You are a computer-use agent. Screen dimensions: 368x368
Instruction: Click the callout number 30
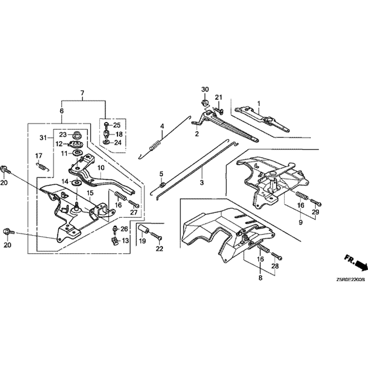[205, 89]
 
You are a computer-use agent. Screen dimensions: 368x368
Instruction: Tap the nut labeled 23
[77, 135]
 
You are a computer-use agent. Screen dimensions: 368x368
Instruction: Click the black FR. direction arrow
[361, 265]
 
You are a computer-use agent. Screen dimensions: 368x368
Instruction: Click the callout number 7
[82, 93]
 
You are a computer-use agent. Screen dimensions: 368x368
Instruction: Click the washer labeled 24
[106, 142]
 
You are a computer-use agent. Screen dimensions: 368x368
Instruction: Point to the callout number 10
[101, 168]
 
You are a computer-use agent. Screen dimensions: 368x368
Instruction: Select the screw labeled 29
[316, 202]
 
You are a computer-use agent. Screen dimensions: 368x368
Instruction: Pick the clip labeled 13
[114, 241]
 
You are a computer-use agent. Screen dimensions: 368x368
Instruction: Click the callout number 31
[43, 138]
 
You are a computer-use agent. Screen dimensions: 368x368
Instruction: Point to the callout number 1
[259, 103]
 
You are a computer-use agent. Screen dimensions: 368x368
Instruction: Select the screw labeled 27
[134, 204]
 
